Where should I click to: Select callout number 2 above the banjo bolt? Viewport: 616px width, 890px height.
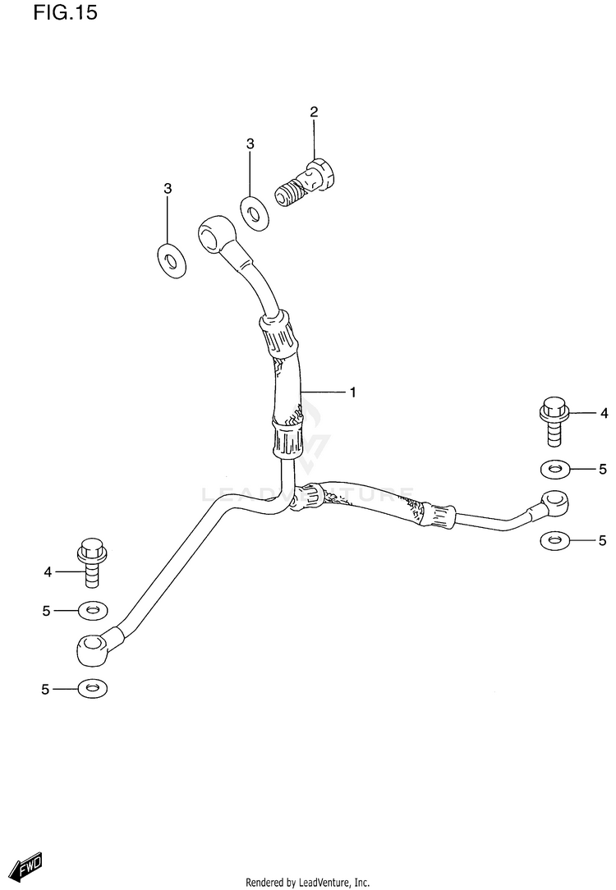tap(314, 112)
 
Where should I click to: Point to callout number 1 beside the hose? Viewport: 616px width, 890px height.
tap(352, 392)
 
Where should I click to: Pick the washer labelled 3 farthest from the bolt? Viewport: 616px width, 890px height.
tap(171, 259)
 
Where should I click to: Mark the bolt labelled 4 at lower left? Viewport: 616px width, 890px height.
tap(91, 562)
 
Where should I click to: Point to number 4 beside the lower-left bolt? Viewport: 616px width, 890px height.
tap(48, 571)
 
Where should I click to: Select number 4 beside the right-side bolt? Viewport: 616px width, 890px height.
tap(603, 413)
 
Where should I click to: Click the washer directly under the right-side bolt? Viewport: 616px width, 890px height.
tap(555, 470)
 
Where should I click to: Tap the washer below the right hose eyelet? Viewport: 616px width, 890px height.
tap(555, 540)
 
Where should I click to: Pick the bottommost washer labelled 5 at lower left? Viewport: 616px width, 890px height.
tap(92, 689)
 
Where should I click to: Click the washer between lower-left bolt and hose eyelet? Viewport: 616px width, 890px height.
tap(92, 611)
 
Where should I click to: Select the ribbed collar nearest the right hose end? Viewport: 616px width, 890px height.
tap(441, 514)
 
